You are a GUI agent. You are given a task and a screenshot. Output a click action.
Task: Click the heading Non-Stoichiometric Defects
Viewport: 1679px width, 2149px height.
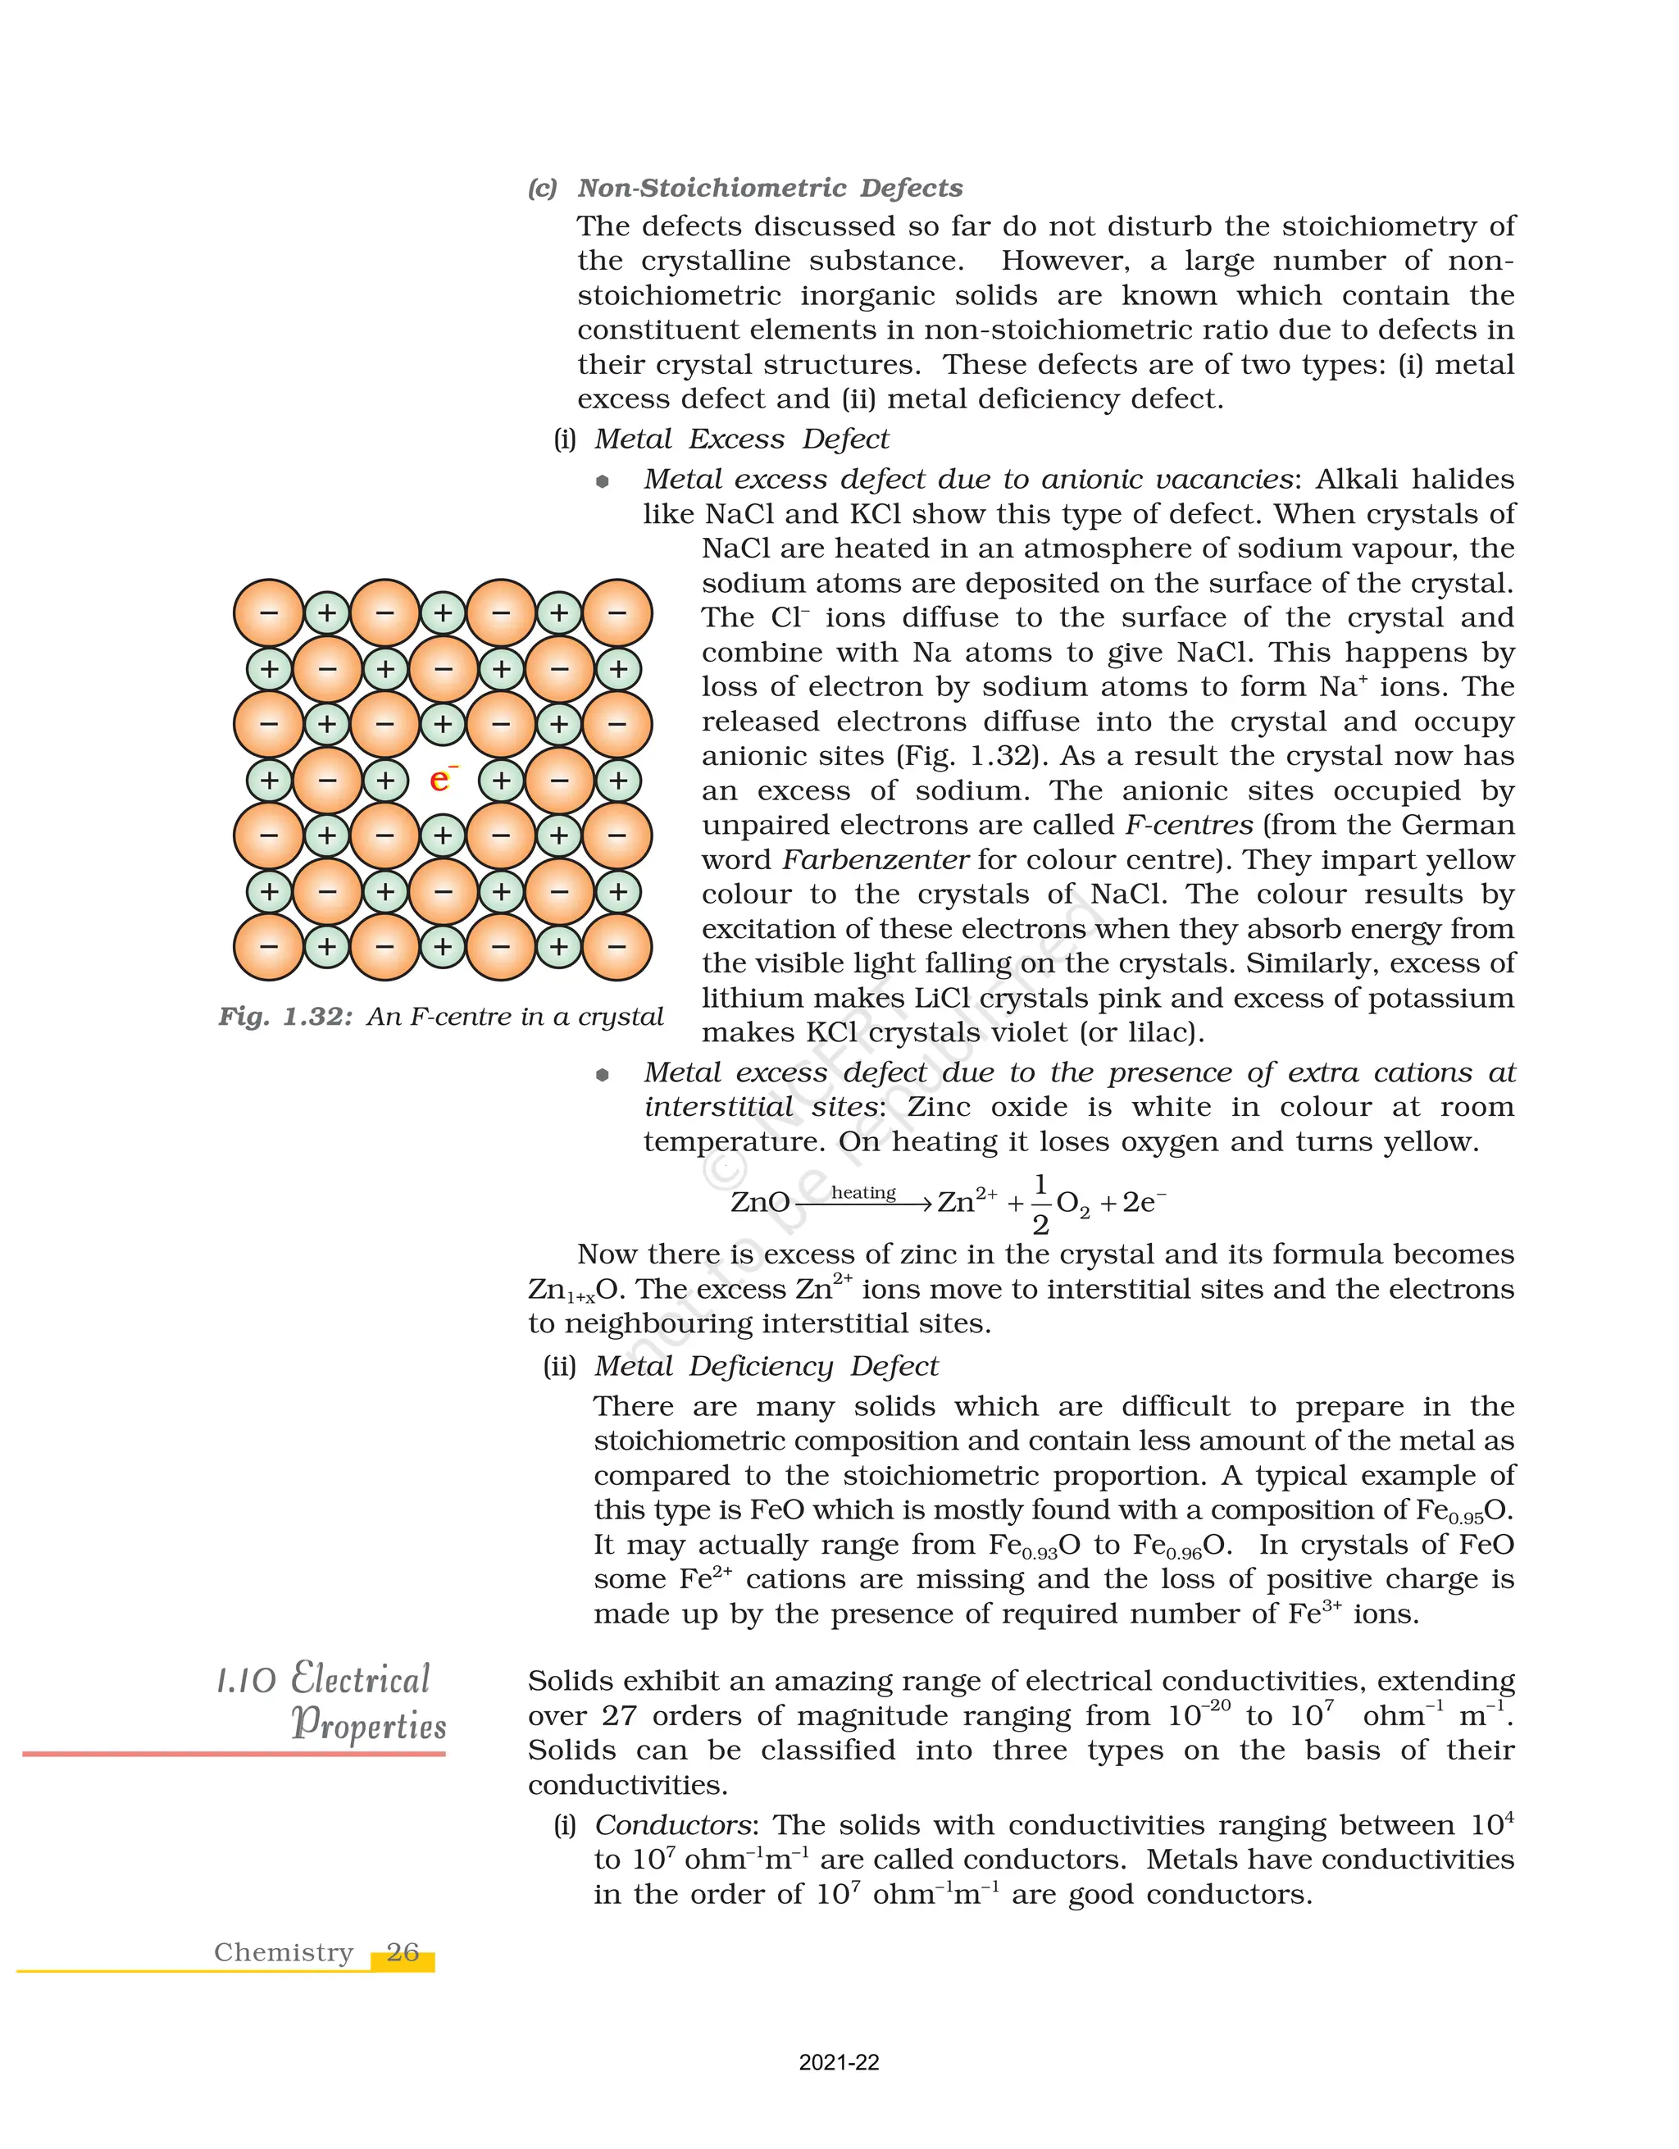point(769,188)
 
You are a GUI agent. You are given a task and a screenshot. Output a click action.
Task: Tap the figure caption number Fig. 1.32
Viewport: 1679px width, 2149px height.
point(285,1017)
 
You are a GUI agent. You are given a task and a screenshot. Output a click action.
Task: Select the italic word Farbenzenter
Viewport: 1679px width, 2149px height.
point(876,860)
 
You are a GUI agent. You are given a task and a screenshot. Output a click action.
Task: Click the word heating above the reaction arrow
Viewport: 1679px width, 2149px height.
point(862,1193)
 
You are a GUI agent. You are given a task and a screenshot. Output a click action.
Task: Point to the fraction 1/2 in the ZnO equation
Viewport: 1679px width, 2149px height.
point(1040,1204)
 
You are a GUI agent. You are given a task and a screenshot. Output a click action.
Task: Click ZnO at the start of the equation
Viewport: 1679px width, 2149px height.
point(759,1203)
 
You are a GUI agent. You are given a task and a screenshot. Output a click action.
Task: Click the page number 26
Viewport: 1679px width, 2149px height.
point(403,1952)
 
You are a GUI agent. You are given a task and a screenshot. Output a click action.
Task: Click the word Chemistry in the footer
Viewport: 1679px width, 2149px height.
point(284,1952)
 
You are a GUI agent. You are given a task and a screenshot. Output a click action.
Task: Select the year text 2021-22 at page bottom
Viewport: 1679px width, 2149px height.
point(838,2062)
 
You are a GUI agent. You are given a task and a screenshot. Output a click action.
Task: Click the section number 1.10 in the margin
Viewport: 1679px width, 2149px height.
point(245,1681)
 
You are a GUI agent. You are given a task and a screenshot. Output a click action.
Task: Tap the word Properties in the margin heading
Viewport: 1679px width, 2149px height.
point(369,1725)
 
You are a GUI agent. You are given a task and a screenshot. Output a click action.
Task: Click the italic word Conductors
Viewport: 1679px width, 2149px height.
point(673,1825)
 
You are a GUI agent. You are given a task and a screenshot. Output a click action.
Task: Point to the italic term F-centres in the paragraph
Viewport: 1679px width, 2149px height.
point(1188,825)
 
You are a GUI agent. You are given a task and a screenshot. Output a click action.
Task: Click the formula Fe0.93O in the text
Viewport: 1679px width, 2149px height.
point(1033,1546)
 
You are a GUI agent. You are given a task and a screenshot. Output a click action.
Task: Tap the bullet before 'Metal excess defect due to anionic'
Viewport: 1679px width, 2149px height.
point(603,481)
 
